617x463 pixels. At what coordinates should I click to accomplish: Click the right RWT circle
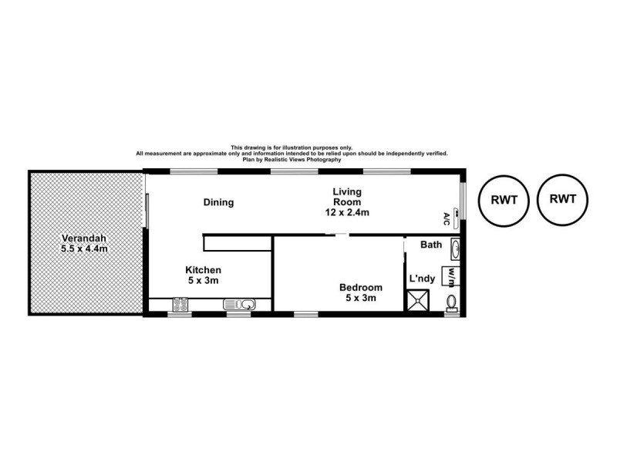(563, 199)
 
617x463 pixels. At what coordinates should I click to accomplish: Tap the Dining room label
(218, 203)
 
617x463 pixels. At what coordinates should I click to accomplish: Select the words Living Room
(346, 197)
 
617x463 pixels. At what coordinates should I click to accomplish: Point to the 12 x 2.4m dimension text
(346, 211)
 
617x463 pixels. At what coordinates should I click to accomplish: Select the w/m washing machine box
(450, 275)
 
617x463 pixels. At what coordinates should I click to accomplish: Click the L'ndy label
(421, 277)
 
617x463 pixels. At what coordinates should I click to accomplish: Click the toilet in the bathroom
(452, 300)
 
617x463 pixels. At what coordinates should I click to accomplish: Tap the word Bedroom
(360, 288)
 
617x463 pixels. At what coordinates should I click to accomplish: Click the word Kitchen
(204, 270)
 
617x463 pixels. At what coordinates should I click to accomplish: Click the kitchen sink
(234, 304)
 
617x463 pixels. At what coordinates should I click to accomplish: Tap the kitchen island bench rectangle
(238, 244)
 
